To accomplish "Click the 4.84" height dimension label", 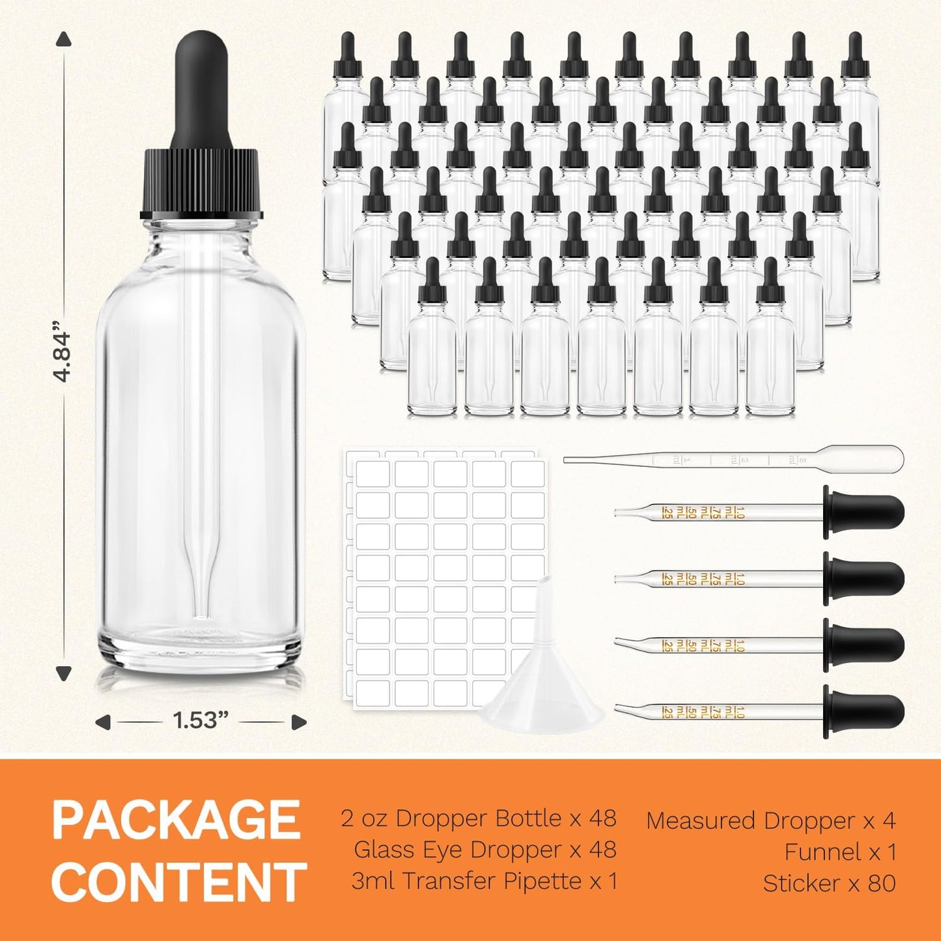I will pyautogui.click(x=63, y=356).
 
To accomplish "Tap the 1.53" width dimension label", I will pyautogui.click(x=201, y=720).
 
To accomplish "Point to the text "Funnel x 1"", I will pyautogui.click(x=840, y=851).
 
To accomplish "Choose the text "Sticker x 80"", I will pyautogui.click(x=829, y=883).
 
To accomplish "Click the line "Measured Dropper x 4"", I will pyautogui.click(x=770, y=821).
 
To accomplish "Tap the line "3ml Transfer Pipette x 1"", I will pyautogui.click(x=484, y=880).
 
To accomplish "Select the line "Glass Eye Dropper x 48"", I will pyautogui.click(x=485, y=849).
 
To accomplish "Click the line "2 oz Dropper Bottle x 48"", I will pyautogui.click(x=479, y=818).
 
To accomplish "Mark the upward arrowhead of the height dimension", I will pyautogui.click(x=63, y=40).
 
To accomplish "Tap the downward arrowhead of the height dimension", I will pyautogui.click(x=63, y=673).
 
